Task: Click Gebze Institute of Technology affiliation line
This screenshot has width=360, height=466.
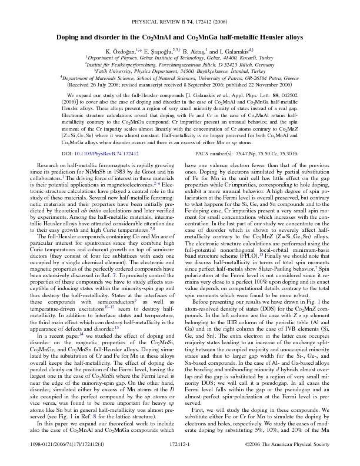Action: [x=180, y=59]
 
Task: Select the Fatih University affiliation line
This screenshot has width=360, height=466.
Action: [x=180, y=71]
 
